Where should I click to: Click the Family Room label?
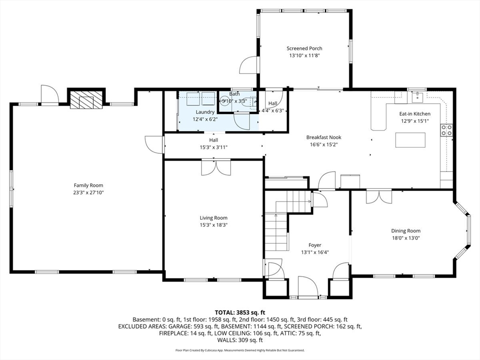coord(88,185)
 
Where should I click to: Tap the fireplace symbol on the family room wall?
coord(86,99)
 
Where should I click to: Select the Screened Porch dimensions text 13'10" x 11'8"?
coord(304,55)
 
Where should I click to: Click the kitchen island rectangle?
coord(411,140)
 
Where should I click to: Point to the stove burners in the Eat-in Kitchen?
coord(447,130)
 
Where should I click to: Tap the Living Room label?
coord(213,218)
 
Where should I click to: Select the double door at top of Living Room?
coord(216,167)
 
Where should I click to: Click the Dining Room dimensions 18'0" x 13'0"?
coord(406,238)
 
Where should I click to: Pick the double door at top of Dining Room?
coord(379,196)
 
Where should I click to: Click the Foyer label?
coord(315,245)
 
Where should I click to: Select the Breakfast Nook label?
coord(323,137)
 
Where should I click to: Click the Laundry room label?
coord(205,112)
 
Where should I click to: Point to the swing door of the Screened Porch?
coord(248,66)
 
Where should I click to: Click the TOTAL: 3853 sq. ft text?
coord(240,312)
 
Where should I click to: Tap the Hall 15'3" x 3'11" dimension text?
coord(213,147)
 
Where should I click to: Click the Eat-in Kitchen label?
coord(414,114)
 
